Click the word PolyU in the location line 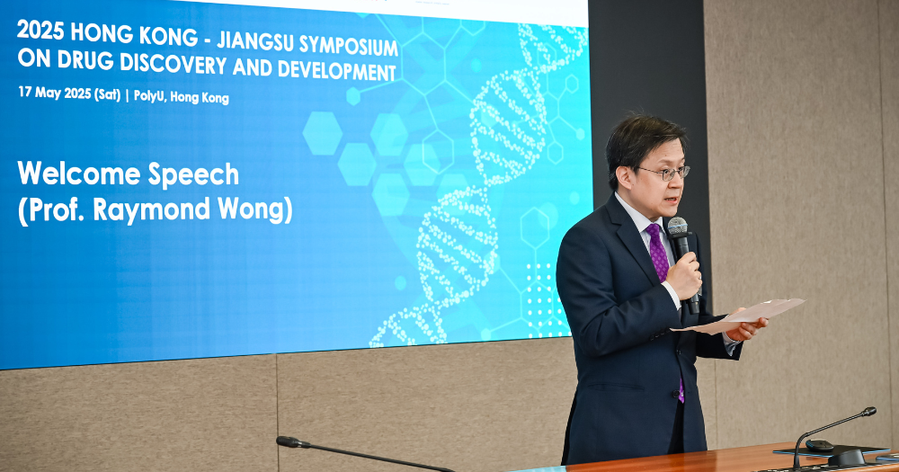154,96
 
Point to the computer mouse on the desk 818,445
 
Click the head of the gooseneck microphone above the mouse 868,412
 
